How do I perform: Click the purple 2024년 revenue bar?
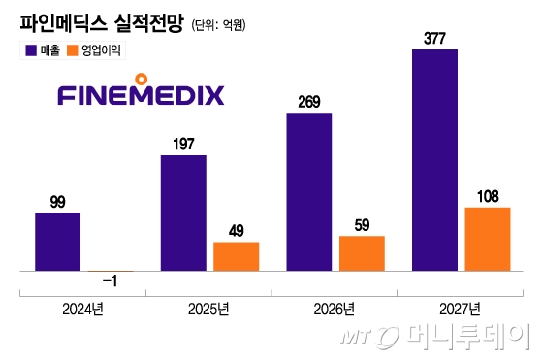[57, 241]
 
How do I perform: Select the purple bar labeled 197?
[183, 212]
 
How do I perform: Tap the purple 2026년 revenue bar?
[308, 191]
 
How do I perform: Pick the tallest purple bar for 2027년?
[434, 159]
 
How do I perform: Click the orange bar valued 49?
[236, 255]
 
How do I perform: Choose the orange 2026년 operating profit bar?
[362, 252]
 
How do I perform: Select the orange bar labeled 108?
[487, 238]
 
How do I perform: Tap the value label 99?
[57, 203]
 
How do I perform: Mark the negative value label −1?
[110, 281]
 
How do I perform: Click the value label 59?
[362, 226]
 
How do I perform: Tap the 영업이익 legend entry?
[101, 49]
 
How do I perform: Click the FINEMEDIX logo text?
[141, 94]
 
